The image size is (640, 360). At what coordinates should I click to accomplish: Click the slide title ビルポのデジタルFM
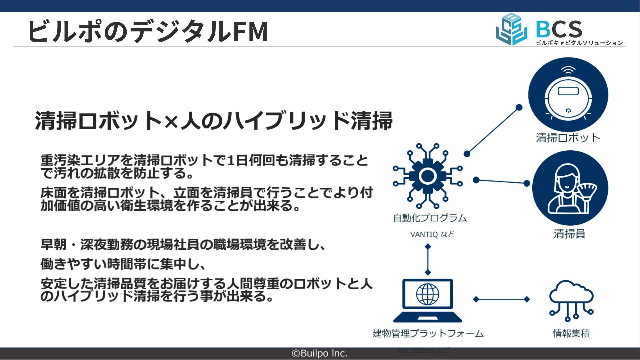pyautogui.click(x=148, y=31)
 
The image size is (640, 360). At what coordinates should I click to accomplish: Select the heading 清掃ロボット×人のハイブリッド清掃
pyautogui.click(x=214, y=121)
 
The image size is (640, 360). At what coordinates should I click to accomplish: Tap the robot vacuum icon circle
pyautogui.click(x=568, y=95)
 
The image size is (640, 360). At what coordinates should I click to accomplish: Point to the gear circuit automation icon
pyautogui.click(x=428, y=176)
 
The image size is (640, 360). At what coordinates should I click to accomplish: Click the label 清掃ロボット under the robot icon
pyautogui.click(x=568, y=138)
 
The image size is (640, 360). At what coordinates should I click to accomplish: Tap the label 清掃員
pyautogui.click(x=569, y=234)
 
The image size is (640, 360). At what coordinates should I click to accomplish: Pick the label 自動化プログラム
pyautogui.click(x=430, y=218)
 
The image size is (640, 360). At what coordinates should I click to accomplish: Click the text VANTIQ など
pyautogui.click(x=432, y=234)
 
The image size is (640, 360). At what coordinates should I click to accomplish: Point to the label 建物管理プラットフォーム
pyautogui.click(x=428, y=333)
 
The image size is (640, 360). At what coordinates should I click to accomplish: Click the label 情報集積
pyautogui.click(x=571, y=333)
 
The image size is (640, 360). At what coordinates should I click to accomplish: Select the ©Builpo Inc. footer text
pyautogui.click(x=319, y=353)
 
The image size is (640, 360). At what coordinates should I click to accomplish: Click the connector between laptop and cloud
pyautogui.click(x=501, y=299)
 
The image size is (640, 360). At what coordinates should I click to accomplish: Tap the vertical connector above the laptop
pyautogui.click(x=428, y=259)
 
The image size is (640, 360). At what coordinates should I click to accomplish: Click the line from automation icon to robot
pyautogui.click(x=493, y=131)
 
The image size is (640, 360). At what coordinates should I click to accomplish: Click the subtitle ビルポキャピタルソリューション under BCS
pyautogui.click(x=579, y=43)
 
